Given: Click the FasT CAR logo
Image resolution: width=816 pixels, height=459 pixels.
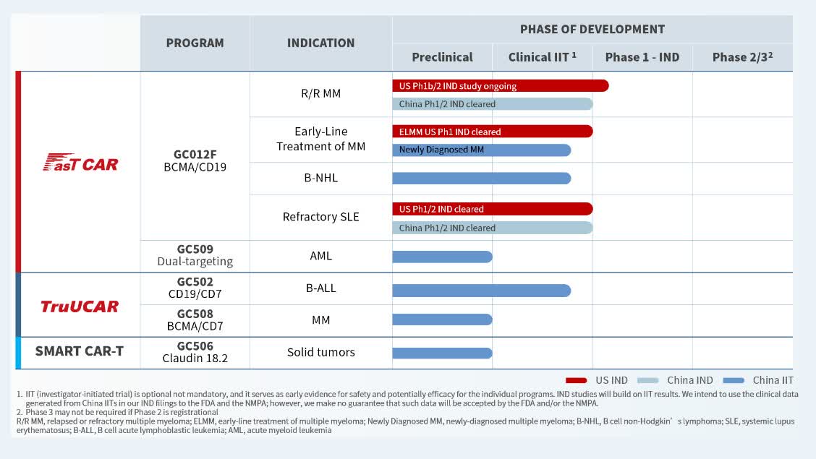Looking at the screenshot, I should [x=80, y=163].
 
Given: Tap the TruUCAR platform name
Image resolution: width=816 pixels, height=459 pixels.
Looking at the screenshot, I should [x=80, y=306].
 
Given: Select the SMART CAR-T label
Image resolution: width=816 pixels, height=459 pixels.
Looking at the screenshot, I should [x=80, y=352].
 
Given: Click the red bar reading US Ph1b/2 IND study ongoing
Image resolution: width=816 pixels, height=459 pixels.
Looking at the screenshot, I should [x=499, y=86].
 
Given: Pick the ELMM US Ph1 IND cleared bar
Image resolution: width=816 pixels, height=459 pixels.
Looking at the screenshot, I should [x=492, y=132].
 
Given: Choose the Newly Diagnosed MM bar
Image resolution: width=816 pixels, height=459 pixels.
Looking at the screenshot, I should [x=481, y=150].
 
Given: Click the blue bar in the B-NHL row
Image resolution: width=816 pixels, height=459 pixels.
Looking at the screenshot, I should [x=481, y=178].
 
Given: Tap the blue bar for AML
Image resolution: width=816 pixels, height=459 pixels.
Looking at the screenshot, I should [x=442, y=257].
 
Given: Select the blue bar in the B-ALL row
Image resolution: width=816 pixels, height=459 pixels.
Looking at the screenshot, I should [x=481, y=291].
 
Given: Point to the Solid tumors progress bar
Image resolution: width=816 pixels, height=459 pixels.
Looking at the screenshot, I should [x=442, y=353].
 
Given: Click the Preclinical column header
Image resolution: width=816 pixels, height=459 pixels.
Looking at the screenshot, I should [x=442, y=57].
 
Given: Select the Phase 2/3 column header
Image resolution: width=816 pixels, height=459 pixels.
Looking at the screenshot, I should [x=742, y=57].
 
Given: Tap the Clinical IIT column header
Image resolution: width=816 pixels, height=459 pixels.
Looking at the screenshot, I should [x=542, y=57].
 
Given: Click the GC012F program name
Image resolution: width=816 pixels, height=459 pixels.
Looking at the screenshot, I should [x=195, y=154].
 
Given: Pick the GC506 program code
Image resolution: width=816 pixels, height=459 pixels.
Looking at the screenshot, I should [x=195, y=346].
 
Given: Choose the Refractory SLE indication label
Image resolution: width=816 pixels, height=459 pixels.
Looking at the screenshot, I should [x=320, y=217].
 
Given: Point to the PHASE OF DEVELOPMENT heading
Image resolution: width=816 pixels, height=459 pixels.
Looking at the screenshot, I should [x=592, y=30].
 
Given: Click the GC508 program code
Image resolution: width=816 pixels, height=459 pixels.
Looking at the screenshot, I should [x=195, y=314].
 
